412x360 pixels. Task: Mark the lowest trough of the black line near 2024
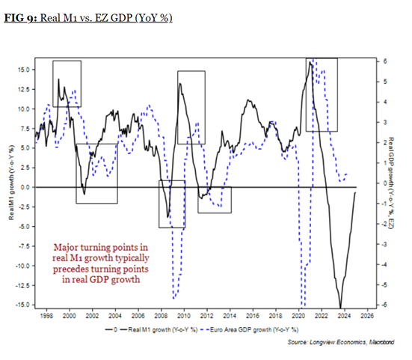tap(340, 306)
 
